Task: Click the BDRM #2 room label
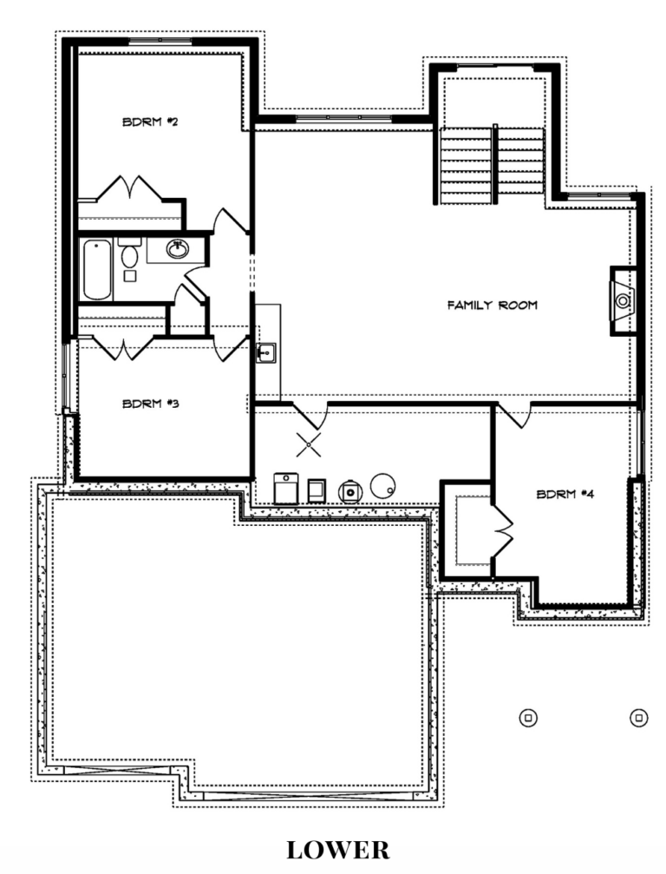(150, 122)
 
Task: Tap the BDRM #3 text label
(150, 403)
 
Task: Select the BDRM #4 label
(565, 494)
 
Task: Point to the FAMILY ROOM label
(493, 305)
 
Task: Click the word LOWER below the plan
(338, 850)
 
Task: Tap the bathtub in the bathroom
(97, 270)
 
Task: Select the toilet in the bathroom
(130, 253)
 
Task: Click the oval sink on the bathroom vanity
(178, 249)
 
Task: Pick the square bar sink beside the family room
(266, 353)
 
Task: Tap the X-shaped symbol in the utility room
(308, 444)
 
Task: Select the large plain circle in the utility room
(383, 486)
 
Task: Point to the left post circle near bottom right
(528, 718)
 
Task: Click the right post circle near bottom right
(639, 718)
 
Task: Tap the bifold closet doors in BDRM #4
(502, 531)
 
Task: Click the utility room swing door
(310, 415)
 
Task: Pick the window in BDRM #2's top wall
(160, 40)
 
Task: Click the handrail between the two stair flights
(494, 164)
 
